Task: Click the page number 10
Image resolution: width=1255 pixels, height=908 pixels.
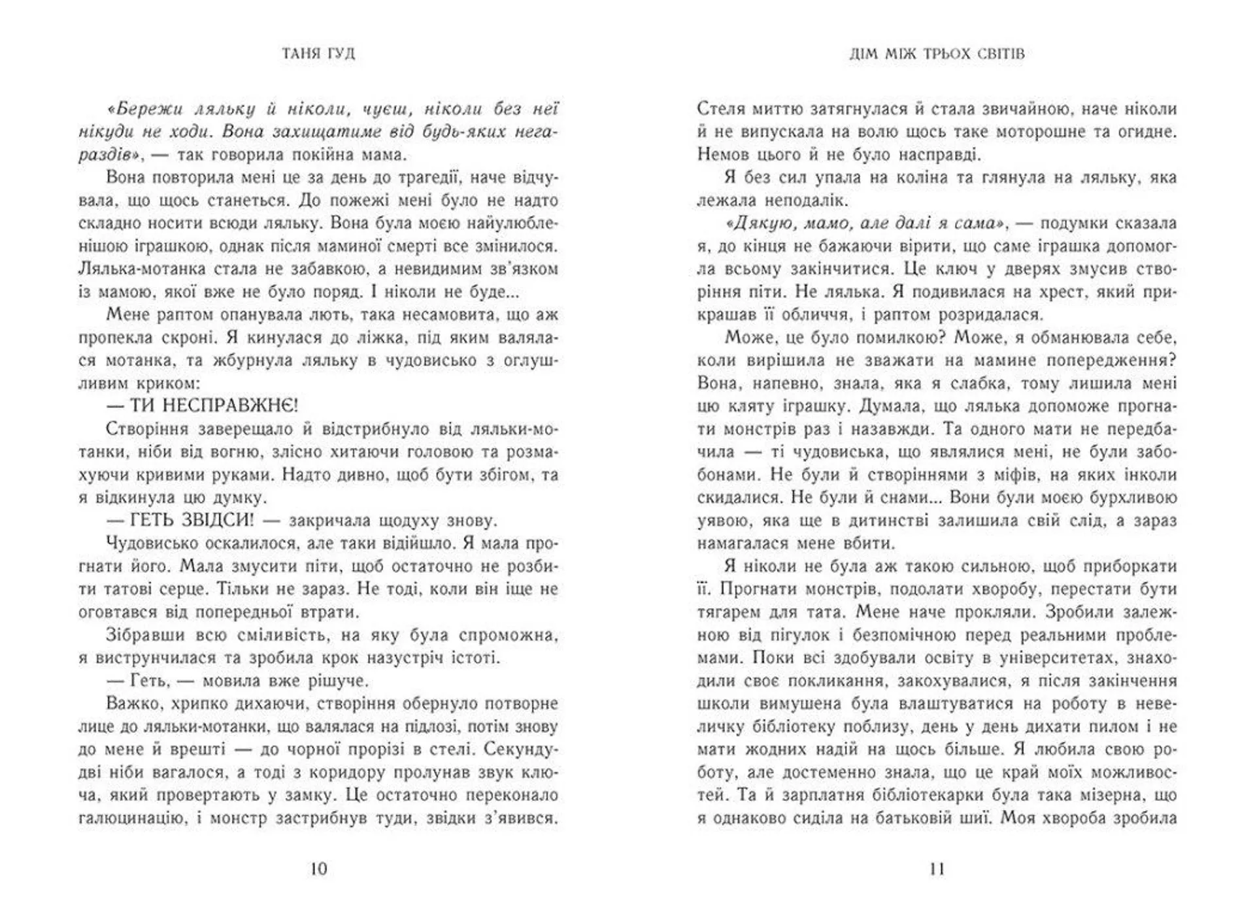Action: click(318, 869)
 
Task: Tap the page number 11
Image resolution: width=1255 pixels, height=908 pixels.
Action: click(937, 869)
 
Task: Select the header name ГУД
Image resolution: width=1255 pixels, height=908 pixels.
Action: click(339, 53)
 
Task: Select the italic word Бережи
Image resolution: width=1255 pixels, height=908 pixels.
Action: click(145, 108)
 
